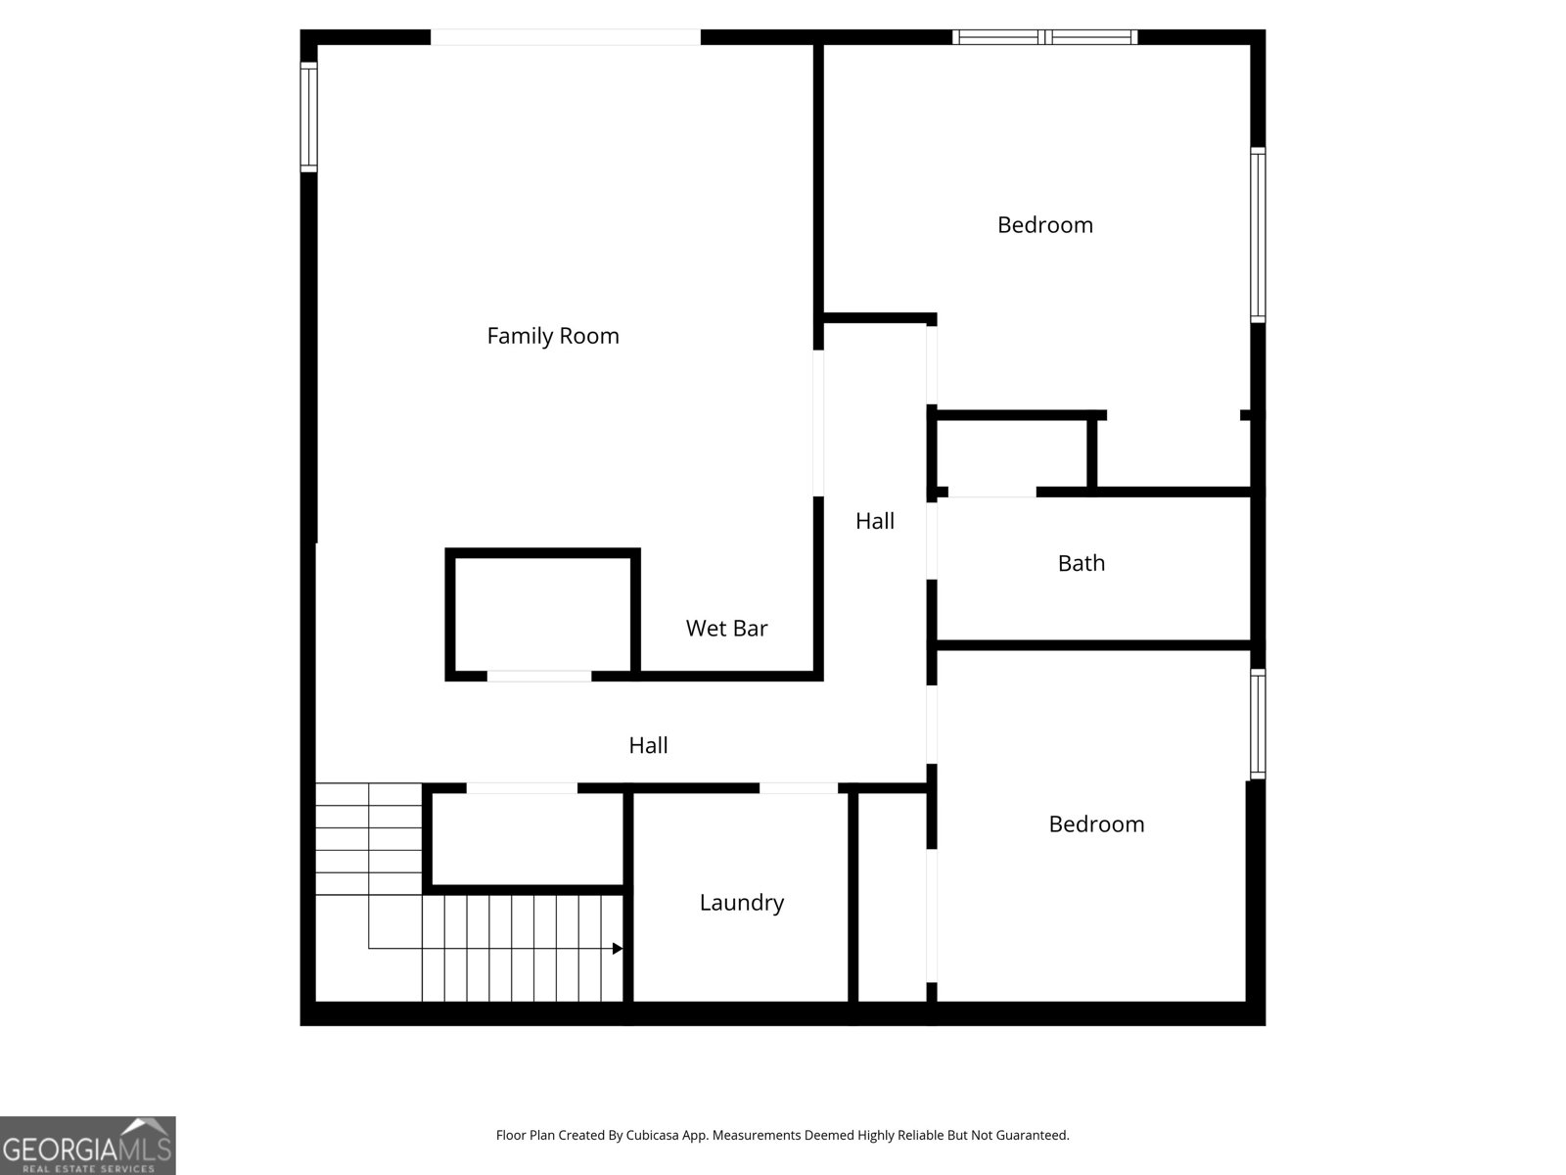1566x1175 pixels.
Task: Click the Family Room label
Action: coord(553,336)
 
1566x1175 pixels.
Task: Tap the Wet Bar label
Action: coord(726,629)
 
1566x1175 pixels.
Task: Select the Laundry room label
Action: coord(741,903)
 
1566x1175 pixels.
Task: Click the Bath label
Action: coord(1081,563)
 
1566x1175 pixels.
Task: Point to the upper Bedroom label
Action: coord(1044,225)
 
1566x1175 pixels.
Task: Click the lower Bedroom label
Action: coord(1096,824)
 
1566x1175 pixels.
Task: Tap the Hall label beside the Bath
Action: coord(874,521)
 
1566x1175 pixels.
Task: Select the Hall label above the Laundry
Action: coord(648,746)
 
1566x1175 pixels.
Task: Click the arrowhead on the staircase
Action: coord(618,949)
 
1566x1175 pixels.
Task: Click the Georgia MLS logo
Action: coord(87,1146)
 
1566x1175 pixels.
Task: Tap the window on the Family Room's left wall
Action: coord(308,117)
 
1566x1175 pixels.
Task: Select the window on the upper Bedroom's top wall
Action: coord(1044,37)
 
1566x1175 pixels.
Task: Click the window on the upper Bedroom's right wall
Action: coord(1258,235)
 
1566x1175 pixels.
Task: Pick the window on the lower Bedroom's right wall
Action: coord(1258,724)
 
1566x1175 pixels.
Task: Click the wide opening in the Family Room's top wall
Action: coord(566,37)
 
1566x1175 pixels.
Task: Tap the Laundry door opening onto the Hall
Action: coord(798,788)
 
